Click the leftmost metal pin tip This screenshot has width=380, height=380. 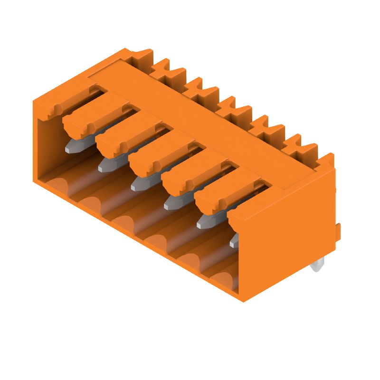pyautogui.click(x=73, y=146)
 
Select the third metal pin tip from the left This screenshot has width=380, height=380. pyautogui.click(x=139, y=183)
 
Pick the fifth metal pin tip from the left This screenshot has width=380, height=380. pyautogui.click(x=205, y=221)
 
